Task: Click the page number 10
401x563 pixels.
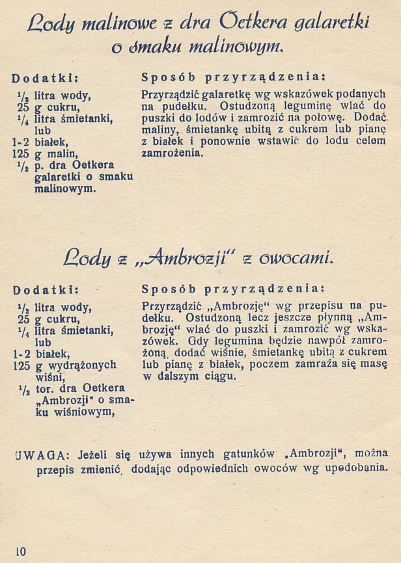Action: [x=20, y=552]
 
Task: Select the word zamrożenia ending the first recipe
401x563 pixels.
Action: [x=172, y=154]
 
